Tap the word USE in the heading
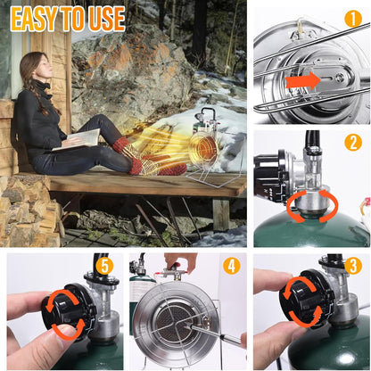point(107,19)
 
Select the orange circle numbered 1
point(353,20)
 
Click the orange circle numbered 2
point(353,142)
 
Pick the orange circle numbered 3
point(353,266)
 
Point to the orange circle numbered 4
point(232,266)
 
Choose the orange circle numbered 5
point(104,266)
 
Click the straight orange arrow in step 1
point(302,81)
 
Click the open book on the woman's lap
point(78,139)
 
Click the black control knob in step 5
point(68,309)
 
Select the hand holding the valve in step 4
point(180,262)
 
